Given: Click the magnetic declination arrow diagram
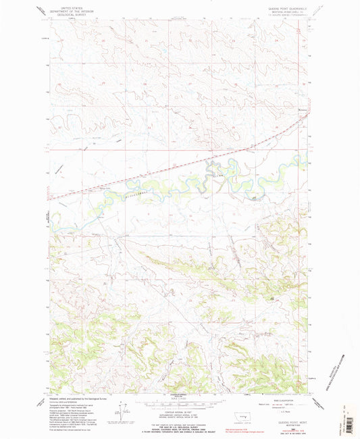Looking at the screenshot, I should coord(123,413).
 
